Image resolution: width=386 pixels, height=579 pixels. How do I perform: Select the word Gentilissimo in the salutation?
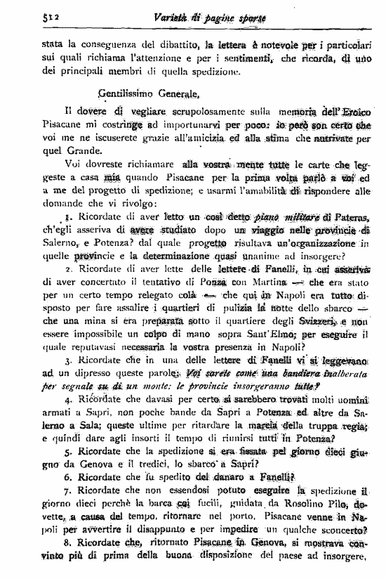click(x=130, y=92)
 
